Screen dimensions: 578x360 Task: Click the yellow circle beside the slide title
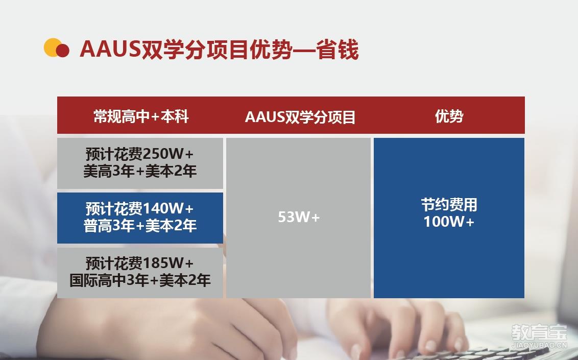pyautogui.click(x=53, y=47)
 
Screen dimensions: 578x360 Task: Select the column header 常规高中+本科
pyautogui.click(x=141, y=116)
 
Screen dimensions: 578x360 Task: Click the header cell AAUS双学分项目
pyautogui.click(x=300, y=117)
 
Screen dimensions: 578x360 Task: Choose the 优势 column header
pyautogui.click(x=449, y=116)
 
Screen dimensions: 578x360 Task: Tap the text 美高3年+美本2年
pyautogui.click(x=140, y=171)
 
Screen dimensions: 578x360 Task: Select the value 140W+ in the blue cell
pyautogui.click(x=167, y=208)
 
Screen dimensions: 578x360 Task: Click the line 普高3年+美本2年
pyautogui.click(x=140, y=226)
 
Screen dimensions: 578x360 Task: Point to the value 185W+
pyautogui.click(x=167, y=263)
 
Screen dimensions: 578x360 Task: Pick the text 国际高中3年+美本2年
pyautogui.click(x=140, y=280)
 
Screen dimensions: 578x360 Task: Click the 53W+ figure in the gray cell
pyautogui.click(x=299, y=217)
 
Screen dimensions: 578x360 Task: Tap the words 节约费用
pyautogui.click(x=449, y=205)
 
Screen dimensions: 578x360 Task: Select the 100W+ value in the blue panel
pyautogui.click(x=449, y=222)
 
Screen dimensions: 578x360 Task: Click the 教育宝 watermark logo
pyautogui.click(x=539, y=333)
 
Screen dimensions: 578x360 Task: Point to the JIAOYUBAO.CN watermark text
pyautogui.click(x=539, y=345)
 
